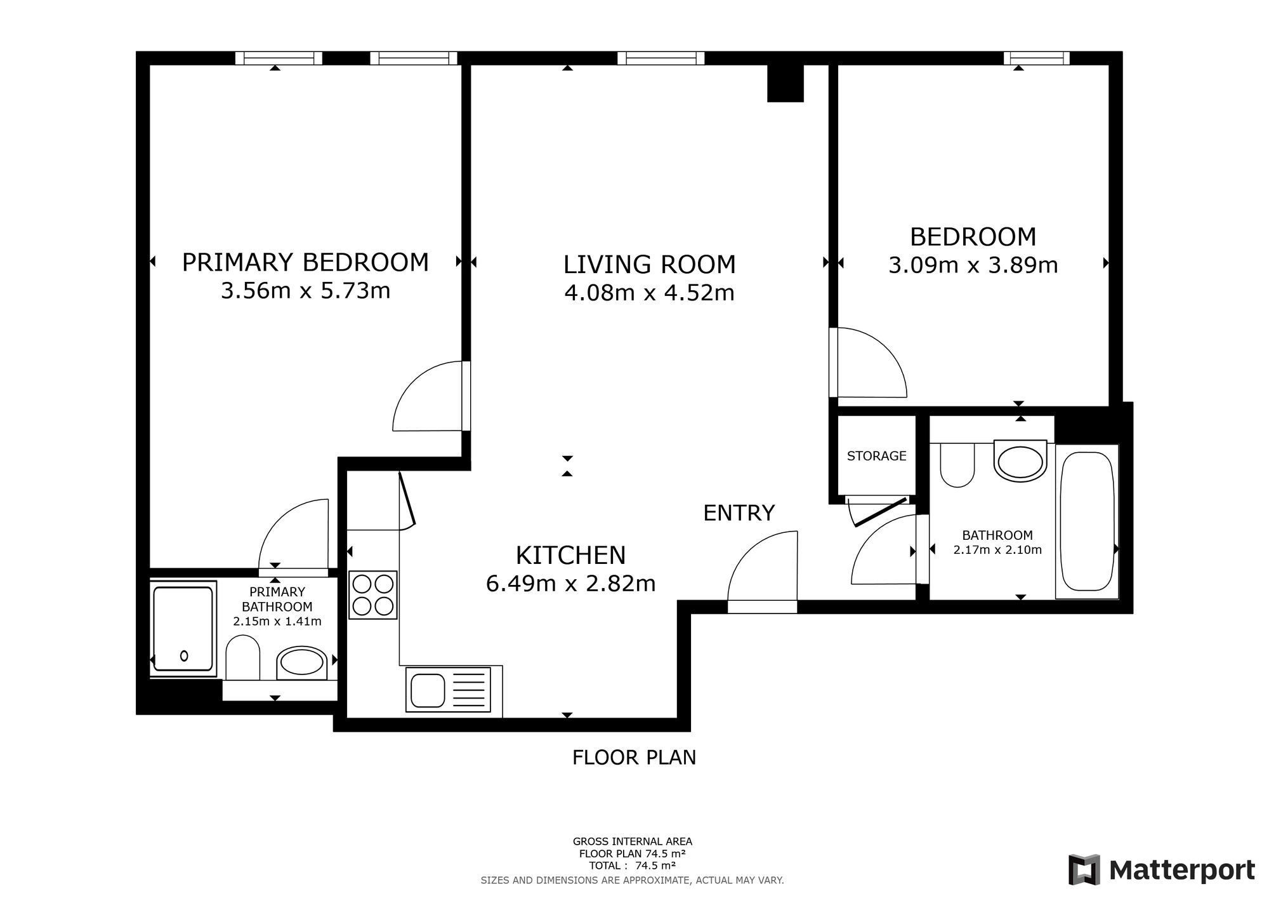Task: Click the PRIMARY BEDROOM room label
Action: click(x=305, y=262)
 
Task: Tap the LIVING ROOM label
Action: click(x=650, y=265)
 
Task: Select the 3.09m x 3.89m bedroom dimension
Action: click(x=973, y=265)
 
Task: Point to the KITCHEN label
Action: click(x=570, y=555)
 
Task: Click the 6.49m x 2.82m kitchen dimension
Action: click(x=570, y=583)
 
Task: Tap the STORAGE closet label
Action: click(x=876, y=456)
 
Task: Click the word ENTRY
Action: click(x=739, y=513)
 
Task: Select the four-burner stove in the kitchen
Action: click(x=373, y=595)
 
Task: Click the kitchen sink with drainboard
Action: click(x=448, y=689)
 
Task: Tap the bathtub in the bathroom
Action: click(x=1088, y=521)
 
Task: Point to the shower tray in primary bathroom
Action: click(x=183, y=629)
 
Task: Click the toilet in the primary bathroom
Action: click(x=243, y=658)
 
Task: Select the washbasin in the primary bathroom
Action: click(x=302, y=663)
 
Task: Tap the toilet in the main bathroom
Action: click(x=957, y=466)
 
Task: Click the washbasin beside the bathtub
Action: click(x=1020, y=460)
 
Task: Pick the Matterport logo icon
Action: click(x=1084, y=870)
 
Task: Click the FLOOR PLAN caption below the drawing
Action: click(x=634, y=758)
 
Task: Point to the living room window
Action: click(x=661, y=58)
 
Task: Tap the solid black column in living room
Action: click(x=786, y=83)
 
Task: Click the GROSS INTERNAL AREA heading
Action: click(x=633, y=842)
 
